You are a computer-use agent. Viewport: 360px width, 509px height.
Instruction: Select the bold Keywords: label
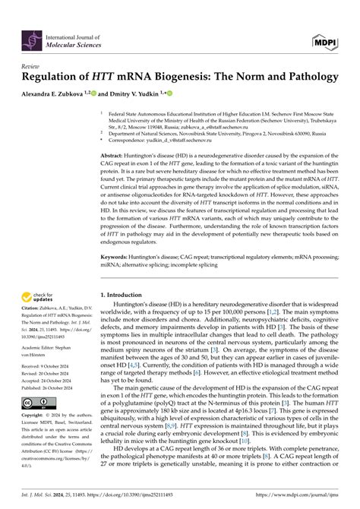coord(115,258)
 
